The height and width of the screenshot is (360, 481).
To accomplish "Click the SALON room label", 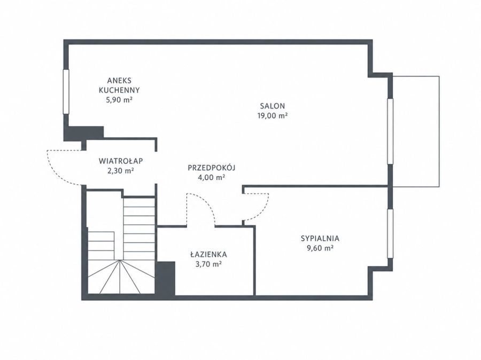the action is [x=273, y=106].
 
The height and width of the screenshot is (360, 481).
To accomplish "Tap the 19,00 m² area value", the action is [x=273, y=115].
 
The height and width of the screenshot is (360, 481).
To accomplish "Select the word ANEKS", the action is [x=119, y=81].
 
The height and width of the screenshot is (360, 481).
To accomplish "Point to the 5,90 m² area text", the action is [x=119, y=100].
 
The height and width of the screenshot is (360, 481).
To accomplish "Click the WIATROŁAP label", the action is [x=121, y=161].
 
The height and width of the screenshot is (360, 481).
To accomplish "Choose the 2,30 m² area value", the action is [x=121, y=171].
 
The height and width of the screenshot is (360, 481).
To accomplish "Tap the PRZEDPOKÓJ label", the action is [x=212, y=167].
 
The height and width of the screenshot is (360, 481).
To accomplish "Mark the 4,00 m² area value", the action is [x=212, y=177].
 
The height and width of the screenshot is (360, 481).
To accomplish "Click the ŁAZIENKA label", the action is [x=208, y=254].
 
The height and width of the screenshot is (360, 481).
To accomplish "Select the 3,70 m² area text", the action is [x=208, y=264].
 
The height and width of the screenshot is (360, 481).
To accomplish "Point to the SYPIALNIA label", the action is [x=320, y=238].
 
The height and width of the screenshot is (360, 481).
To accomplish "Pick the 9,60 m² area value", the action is [x=320, y=248].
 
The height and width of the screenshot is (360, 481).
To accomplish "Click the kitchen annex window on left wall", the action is [x=66, y=92].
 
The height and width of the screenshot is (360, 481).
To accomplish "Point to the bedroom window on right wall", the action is [x=390, y=233].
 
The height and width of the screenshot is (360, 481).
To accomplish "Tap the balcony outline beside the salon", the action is [x=439, y=131].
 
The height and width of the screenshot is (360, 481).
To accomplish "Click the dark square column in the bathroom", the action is [x=166, y=278].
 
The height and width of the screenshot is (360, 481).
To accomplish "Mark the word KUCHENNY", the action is [x=119, y=90].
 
